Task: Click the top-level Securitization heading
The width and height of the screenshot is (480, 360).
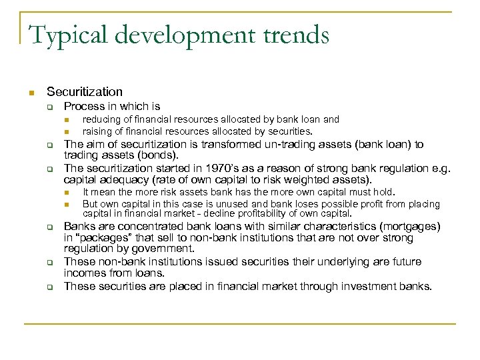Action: tap(85, 92)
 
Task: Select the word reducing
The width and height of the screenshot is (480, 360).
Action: tap(100, 119)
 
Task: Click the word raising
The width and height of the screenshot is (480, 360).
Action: tap(97, 131)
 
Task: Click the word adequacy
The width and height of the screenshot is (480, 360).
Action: tap(124, 179)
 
